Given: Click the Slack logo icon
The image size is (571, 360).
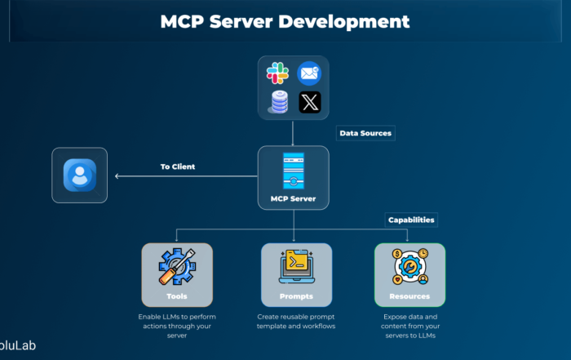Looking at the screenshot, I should point(277,73).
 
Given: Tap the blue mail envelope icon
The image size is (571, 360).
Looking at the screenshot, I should point(309,73).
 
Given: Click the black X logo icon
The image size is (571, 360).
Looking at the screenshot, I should point(309,103).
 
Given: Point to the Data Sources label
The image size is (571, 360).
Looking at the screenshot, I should point(365,132).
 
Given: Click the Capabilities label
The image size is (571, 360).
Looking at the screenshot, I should point(410,220).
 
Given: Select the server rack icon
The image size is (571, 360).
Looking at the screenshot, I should point(293,171).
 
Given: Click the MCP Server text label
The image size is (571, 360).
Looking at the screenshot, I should point(293,198).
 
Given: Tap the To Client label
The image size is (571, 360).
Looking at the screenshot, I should point(177,167).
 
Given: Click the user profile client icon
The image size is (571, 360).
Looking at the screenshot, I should point(80,175).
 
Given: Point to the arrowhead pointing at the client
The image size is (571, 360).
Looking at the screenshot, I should point(117,176).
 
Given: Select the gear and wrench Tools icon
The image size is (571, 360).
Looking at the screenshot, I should point(177,266).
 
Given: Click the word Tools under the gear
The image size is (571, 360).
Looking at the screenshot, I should point(177,296).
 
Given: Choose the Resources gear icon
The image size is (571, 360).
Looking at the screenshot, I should point(409,266).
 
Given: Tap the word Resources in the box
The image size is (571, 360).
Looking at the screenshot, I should point(409,296).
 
